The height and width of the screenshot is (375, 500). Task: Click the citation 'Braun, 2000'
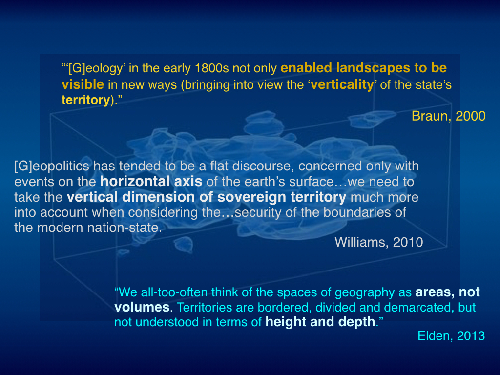coord(448,116)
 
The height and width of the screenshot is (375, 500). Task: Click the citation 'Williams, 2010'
coord(379,242)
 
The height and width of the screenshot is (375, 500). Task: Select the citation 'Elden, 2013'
coord(451,336)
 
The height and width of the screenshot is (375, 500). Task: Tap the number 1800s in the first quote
coord(211,68)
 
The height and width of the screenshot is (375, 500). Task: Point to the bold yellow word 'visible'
coord(83,84)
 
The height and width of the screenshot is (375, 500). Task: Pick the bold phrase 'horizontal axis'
coord(151,182)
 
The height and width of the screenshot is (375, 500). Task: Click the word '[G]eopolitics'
coord(52,167)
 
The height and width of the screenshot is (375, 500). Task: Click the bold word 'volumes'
coord(142,307)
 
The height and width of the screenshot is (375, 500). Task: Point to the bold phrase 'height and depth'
coord(320,322)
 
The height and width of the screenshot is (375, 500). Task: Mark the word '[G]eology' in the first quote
coord(96,68)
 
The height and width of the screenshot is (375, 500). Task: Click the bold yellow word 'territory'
coord(86,100)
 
